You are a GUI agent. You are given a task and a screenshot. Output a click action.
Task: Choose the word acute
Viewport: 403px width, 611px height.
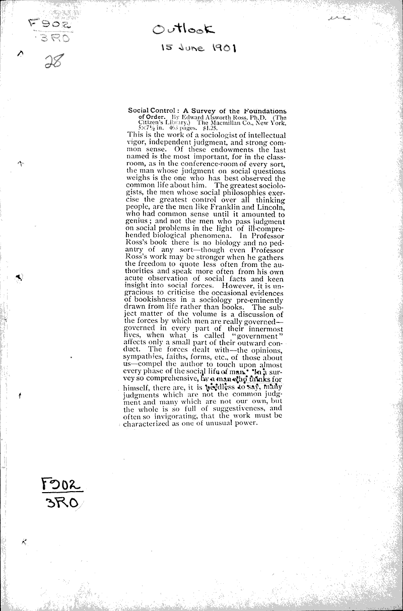[x=135, y=279]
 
